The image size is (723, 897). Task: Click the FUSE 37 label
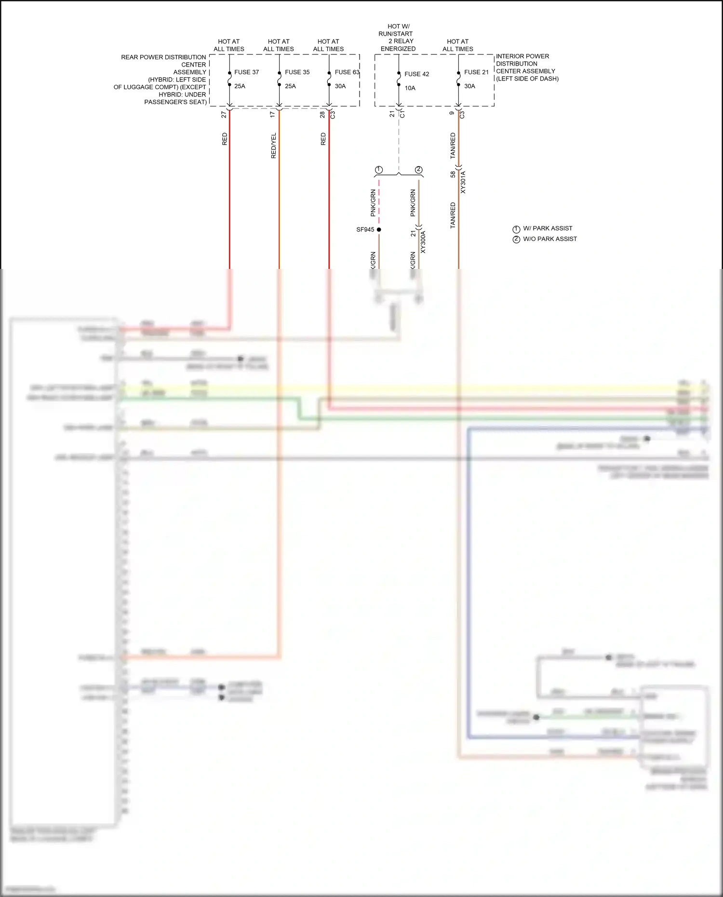(246, 72)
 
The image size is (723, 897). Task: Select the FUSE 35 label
(297, 72)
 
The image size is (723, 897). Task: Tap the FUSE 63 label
(347, 72)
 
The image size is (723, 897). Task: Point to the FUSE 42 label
(416, 74)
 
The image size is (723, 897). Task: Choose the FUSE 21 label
(476, 72)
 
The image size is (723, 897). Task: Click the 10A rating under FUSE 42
(410, 88)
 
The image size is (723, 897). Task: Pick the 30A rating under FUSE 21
(469, 86)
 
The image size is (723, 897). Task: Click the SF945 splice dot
(379, 229)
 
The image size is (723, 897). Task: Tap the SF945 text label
(365, 229)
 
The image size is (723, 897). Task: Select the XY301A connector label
(463, 182)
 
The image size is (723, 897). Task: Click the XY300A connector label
(423, 242)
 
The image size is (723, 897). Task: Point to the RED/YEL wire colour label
(274, 146)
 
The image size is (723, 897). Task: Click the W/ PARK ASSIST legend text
(548, 228)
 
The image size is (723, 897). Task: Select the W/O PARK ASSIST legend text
(550, 239)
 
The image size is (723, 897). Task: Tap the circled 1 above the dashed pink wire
(379, 170)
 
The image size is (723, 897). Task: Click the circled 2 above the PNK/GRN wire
(418, 170)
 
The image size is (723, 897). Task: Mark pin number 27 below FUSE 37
(224, 115)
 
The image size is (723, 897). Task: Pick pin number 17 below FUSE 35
(273, 115)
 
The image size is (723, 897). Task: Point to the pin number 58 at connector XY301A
(453, 174)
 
